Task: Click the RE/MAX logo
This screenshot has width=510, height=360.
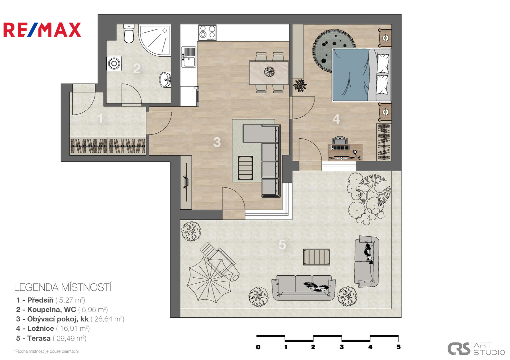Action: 42,30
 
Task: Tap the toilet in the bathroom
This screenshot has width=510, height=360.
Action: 129,34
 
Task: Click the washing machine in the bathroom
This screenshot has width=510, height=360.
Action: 114,63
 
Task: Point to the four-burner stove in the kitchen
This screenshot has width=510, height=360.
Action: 207,33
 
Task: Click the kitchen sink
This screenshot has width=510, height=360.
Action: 189,57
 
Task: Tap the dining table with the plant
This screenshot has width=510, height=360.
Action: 269,72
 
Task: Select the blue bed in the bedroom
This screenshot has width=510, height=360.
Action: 362,75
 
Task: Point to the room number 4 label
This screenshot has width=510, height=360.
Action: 336,119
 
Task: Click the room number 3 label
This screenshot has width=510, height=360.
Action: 217,142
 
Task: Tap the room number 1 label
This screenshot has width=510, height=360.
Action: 100,118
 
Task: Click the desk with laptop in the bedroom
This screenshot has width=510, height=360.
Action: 345,152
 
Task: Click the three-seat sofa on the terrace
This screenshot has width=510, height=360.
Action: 304,288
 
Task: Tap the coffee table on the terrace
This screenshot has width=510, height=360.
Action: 317,257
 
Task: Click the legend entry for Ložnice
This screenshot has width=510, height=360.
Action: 53,328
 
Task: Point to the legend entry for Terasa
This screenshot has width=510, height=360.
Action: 51,338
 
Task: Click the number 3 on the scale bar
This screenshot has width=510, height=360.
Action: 342,347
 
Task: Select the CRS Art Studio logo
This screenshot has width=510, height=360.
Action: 476,349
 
